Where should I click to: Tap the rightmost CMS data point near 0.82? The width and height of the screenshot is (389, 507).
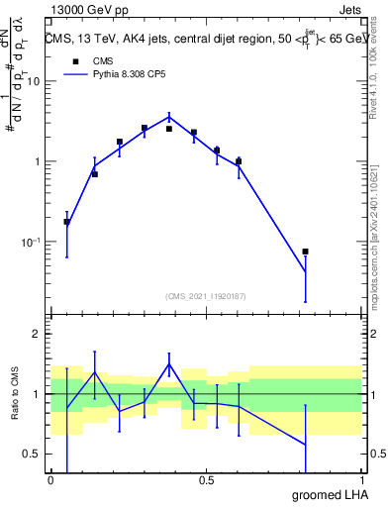[305, 252]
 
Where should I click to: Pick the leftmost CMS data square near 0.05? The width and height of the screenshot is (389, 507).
[66, 222]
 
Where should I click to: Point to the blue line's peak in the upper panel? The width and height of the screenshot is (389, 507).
[169, 117]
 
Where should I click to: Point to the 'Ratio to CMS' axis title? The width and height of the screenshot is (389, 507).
[15, 394]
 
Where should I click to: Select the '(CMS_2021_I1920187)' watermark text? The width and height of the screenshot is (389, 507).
[206, 295]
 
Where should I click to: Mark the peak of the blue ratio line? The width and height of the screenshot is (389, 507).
[169, 363]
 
